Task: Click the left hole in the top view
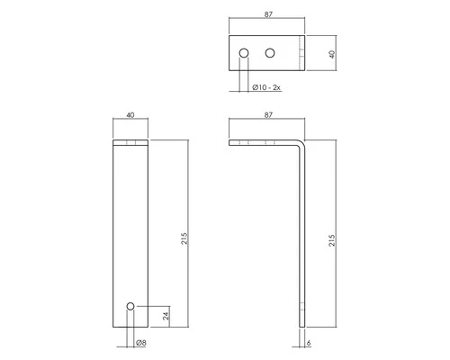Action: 242,55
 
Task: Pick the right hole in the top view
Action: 268,55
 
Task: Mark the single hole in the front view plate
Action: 130,307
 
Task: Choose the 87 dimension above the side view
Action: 268,115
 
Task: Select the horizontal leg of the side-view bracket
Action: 265,143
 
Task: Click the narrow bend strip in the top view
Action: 301,53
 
